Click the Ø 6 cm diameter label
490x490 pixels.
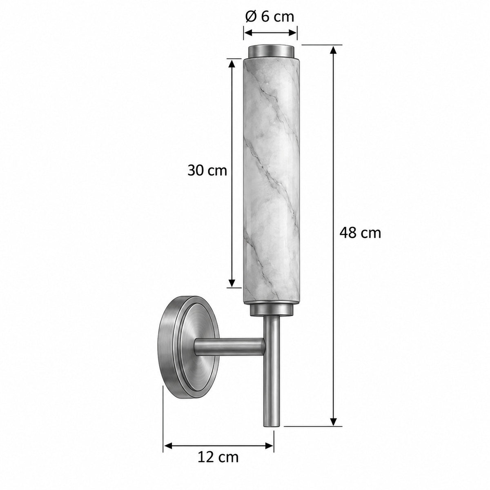[x=269, y=17]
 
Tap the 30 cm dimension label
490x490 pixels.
[x=207, y=171]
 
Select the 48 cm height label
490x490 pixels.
[x=360, y=233]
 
